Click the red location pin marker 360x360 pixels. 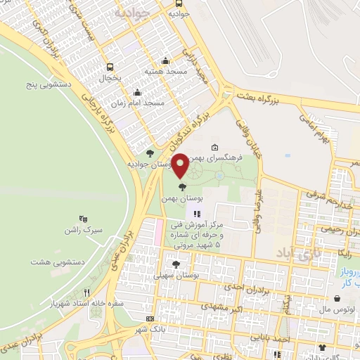click(x=180, y=166)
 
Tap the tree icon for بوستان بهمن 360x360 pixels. click(x=183, y=187)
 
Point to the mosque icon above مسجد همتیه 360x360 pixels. click(x=165, y=60)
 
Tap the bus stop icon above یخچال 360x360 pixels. click(x=109, y=67)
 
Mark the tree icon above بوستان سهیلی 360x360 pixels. click(x=175, y=264)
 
